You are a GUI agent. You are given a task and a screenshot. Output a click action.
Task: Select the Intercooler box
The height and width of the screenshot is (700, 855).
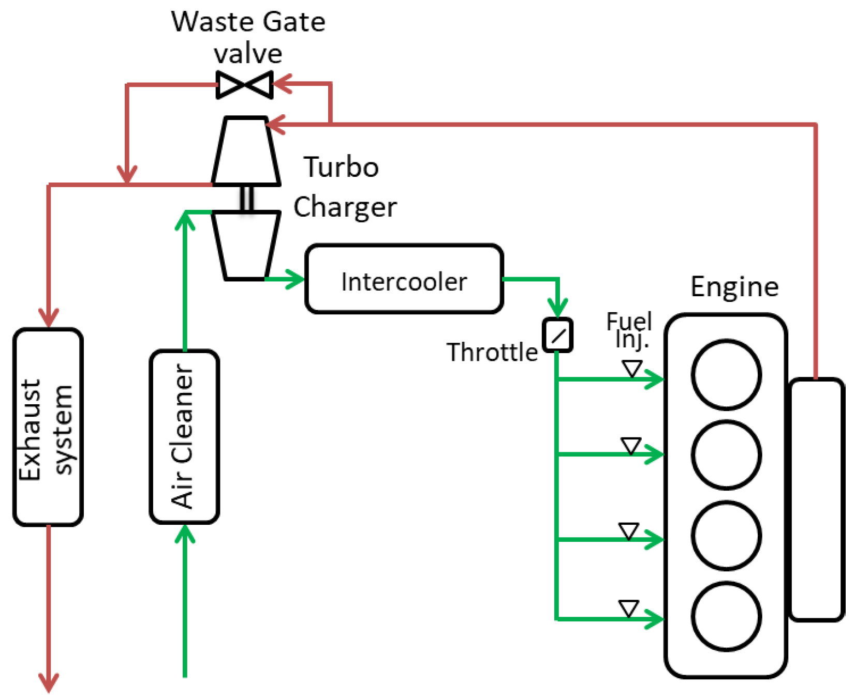tap(404, 279)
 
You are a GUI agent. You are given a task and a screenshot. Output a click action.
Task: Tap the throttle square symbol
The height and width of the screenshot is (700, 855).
tap(557, 335)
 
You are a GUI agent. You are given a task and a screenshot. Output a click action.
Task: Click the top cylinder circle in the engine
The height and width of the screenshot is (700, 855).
tap(726, 374)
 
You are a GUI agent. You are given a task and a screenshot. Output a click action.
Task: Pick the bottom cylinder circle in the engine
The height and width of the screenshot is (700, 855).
tap(726, 616)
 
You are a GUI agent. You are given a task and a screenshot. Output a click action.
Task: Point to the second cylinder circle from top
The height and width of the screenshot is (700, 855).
tap(726, 454)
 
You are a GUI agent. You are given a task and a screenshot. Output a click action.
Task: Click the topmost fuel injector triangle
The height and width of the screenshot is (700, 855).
tap(632, 369)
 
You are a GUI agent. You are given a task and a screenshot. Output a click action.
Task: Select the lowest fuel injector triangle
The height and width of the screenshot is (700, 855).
tap(628, 608)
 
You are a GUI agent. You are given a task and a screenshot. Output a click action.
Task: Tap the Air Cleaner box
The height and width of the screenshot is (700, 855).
tap(184, 436)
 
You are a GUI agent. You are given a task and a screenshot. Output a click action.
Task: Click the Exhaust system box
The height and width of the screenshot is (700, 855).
tap(48, 427)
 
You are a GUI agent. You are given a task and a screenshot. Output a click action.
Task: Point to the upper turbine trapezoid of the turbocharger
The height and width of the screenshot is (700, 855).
tap(246, 151)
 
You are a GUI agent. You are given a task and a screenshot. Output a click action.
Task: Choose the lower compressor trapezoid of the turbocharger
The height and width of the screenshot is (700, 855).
tap(246, 245)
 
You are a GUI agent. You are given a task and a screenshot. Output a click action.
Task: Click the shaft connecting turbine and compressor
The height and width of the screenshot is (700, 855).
tap(247, 198)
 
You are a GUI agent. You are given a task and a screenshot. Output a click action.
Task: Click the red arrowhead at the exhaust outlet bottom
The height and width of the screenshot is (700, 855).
tap(49, 682)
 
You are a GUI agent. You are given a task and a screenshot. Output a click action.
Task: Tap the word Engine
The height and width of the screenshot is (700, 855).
tap(734, 286)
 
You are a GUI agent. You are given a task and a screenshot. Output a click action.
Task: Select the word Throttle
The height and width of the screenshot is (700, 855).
tap(492, 352)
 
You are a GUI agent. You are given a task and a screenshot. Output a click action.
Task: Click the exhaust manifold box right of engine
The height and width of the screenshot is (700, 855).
tap(816, 499)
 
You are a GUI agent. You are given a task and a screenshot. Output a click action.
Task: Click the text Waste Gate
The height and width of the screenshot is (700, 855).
tap(248, 22)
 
